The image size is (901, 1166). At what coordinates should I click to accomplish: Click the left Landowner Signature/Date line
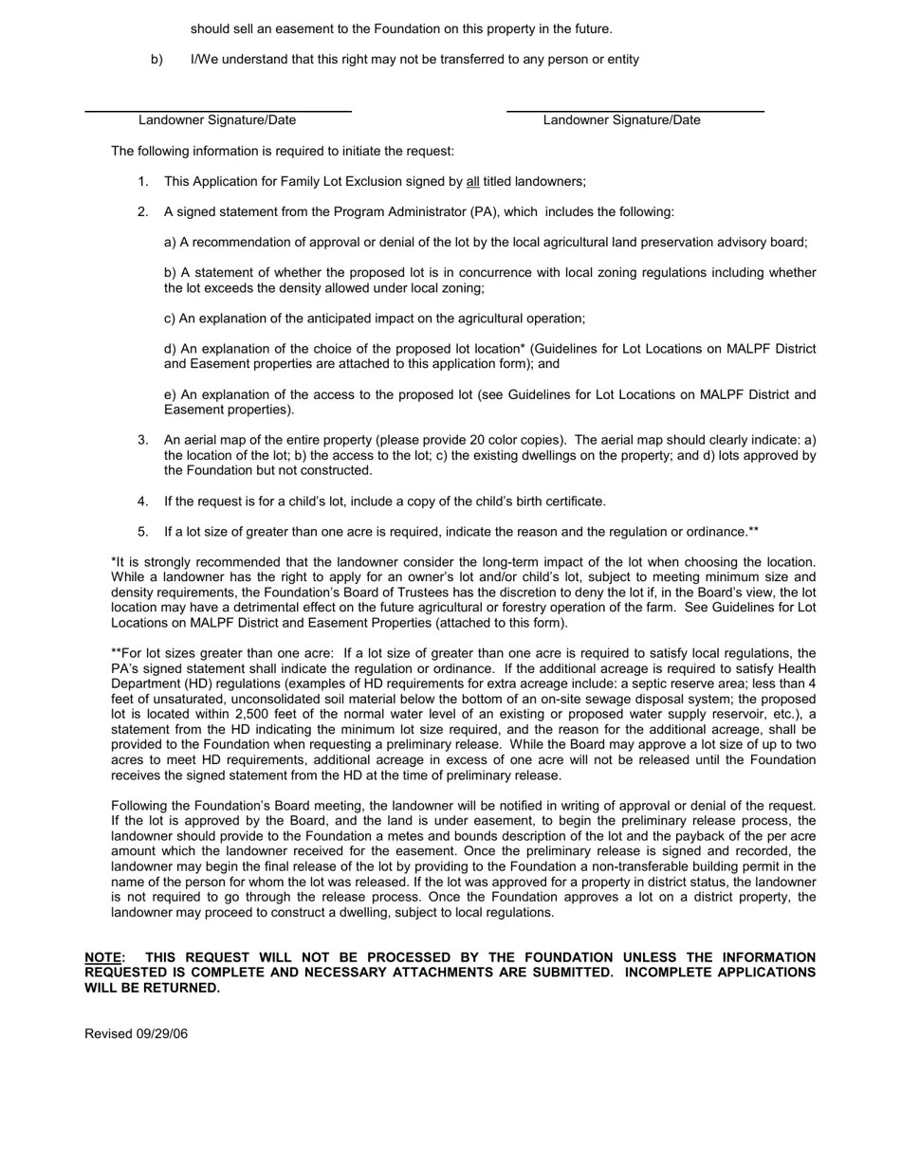217,112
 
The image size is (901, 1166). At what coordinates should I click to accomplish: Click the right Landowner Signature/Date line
634,112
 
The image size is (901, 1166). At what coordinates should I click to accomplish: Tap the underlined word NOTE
103,957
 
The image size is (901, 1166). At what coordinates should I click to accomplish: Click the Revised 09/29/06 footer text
136,1033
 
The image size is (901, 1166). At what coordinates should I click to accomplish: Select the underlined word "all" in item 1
472,181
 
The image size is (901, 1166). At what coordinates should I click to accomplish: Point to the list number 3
143,440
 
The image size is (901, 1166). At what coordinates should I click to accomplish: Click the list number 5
143,532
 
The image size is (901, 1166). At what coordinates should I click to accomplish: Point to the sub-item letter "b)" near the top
156,59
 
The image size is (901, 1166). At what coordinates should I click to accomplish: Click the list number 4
143,501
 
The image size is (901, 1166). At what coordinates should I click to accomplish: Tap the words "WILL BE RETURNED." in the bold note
152,988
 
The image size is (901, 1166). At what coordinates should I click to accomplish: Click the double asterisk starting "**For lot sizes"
117,653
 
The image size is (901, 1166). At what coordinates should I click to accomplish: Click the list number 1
143,181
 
